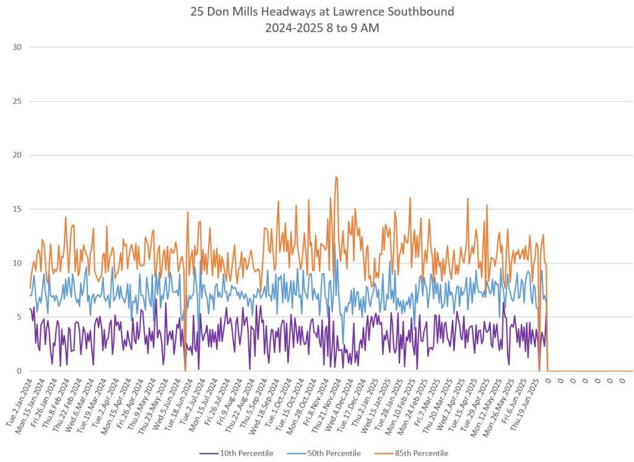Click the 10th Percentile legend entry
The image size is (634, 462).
pos(248,453)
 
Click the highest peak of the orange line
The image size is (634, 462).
pos(336,177)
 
